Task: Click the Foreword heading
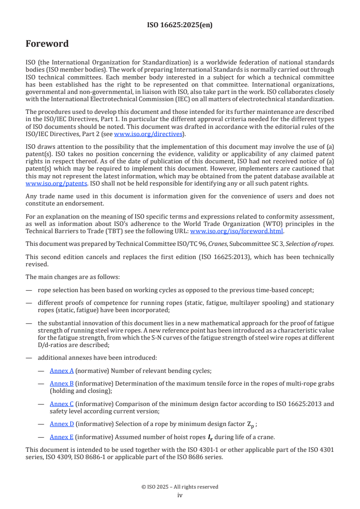click(47, 44)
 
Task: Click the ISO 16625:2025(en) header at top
click(180, 25)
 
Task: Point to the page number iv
click(180, 495)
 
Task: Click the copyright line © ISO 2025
click(180, 487)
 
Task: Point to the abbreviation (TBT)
click(118, 230)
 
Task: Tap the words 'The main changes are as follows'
click(73, 277)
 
